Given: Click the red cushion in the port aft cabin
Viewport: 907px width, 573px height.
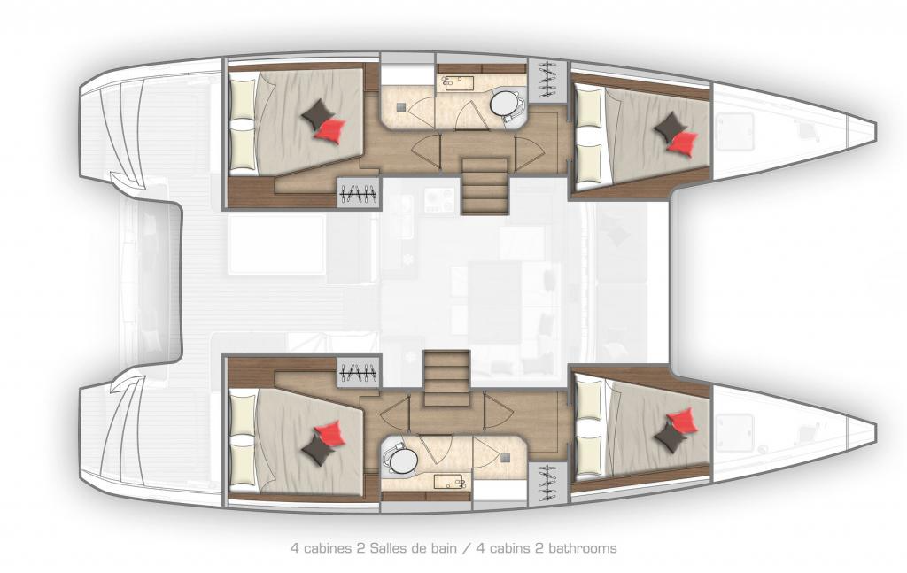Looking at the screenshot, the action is click(330, 128).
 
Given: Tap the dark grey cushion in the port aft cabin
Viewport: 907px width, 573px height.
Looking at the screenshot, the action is click(317, 113).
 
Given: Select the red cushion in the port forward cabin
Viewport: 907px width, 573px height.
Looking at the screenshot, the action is click(683, 143).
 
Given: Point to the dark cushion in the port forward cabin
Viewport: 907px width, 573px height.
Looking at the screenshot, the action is click(670, 128).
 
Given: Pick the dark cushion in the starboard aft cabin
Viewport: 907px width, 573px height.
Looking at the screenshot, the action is click(318, 450).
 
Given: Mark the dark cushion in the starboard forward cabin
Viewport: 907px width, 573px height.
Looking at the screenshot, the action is click(671, 436).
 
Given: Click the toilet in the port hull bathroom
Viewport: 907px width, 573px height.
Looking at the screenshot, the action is click(506, 105).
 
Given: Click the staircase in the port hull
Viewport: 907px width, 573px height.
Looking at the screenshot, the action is click(485, 186).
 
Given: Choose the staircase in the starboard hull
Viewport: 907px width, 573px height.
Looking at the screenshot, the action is click(446, 378).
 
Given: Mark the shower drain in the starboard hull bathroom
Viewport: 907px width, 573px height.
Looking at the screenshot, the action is click(507, 458).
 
